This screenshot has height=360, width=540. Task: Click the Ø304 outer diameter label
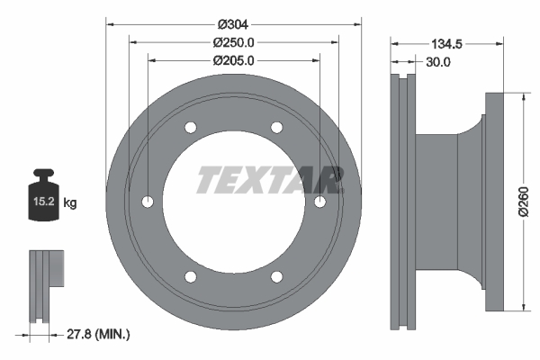tap(233, 24)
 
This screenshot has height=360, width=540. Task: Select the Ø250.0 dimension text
tap(233, 42)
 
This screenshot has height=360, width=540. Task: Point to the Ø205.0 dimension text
tap(233, 60)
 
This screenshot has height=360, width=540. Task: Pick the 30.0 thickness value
tap(438, 62)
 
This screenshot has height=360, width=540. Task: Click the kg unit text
tap(70, 203)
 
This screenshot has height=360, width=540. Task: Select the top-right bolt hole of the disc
tap(276, 127)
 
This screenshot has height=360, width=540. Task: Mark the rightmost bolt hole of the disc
tap(319, 202)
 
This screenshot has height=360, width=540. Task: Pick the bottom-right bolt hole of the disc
tap(276, 276)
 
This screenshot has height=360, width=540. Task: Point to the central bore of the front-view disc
tap(233, 225)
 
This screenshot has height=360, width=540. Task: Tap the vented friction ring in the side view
tap(401, 202)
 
